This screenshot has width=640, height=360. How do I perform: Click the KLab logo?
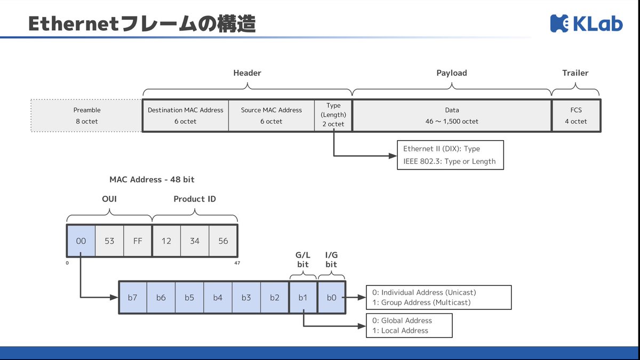(586, 23)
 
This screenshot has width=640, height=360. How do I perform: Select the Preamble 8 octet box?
(86, 115)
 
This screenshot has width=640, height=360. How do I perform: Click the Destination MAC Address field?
(186, 115)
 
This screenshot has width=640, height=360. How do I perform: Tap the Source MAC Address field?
(271, 115)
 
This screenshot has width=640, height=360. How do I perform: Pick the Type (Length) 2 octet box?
(333, 115)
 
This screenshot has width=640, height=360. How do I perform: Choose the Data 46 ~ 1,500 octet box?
(452, 115)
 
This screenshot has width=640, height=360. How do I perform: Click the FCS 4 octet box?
(576, 115)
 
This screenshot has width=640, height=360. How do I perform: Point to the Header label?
(247, 73)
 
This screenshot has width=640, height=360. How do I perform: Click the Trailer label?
(575, 73)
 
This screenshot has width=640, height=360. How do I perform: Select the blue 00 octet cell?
(81, 241)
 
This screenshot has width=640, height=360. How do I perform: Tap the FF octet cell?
(138, 241)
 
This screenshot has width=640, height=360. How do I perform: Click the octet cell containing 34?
(195, 241)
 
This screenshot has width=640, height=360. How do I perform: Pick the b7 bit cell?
(133, 298)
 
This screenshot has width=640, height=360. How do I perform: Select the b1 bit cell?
(303, 298)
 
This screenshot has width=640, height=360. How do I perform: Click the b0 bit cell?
(331, 298)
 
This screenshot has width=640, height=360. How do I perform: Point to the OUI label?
(109, 199)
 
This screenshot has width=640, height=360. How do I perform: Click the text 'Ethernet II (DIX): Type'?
(442, 149)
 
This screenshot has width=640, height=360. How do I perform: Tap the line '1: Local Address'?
(400, 331)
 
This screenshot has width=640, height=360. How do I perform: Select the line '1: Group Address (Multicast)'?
(421, 302)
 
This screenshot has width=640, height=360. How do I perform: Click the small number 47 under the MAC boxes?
(237, 263)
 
